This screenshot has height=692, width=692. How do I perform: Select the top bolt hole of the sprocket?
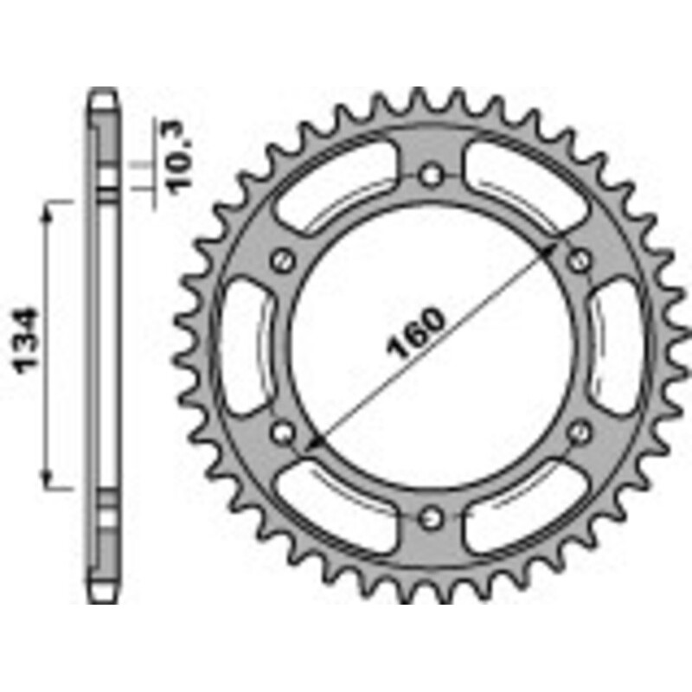pyautogui.click(x=431, y=175)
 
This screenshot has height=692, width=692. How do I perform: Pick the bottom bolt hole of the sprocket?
pyautogui.click(x=431, y=517)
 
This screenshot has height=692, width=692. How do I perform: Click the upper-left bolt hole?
pyautogui.click(x=280, y=259)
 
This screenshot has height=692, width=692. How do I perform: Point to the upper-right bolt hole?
pyautogui.click(x=581, y=259)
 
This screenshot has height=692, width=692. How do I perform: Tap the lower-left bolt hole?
pyautogui.click(x=280, y=430)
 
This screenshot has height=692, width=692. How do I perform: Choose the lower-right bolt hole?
pyautogui.click(x=581, y=430)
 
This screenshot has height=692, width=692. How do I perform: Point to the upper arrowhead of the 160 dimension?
pyautogui.click(x=552, y=248)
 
